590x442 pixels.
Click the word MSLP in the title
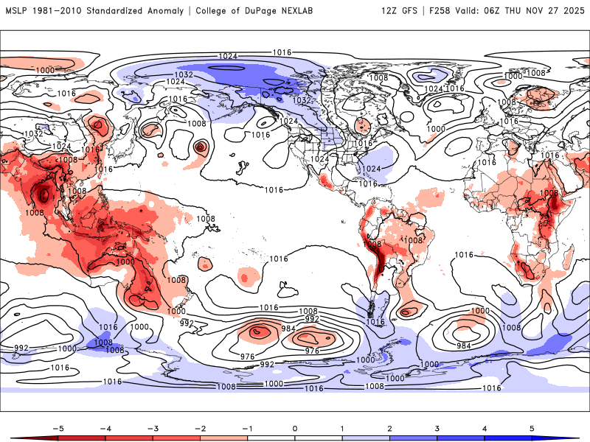coord(17,11)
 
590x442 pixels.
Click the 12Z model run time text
coord(390,11)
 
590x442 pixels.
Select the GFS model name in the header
coord(412,11)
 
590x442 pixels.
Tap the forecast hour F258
coord(442,11)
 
